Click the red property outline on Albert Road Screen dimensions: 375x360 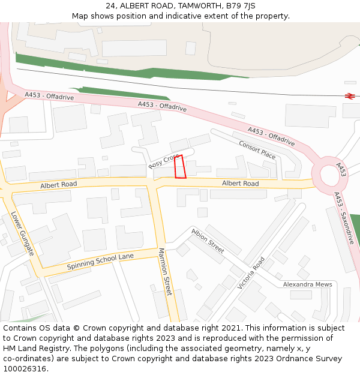(179, 167)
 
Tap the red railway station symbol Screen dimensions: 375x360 (350, 95)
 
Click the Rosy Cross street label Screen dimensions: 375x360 (164, 160)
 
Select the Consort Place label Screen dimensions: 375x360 (257, 149)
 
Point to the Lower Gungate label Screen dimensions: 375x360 (22, 233)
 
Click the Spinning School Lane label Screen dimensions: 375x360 (100, 261)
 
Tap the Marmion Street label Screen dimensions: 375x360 (165, 271)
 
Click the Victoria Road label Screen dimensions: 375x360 (251, 273)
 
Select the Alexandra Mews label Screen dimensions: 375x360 (307, 284)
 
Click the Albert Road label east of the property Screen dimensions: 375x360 (240, 183)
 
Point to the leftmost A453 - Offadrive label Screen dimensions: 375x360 (49, 96)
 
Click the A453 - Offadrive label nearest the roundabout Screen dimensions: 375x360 (271, 137)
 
